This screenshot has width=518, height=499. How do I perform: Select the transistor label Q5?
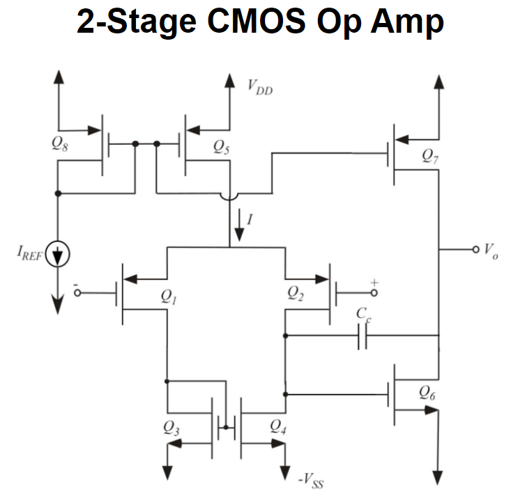(x=222, y=147)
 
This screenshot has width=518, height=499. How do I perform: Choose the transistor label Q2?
(x=296, y=294)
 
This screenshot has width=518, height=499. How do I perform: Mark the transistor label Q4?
(x=277, y=428)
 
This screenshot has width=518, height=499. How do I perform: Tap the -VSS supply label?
(x=310, y=480)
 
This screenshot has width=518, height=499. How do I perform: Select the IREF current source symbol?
(x=59, y=255)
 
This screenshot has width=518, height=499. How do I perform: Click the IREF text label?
(x=29, y=255)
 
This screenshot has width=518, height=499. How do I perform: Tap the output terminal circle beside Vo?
(x=476, y=248)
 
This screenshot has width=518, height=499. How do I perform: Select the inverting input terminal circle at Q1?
(x=77, y=293)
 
